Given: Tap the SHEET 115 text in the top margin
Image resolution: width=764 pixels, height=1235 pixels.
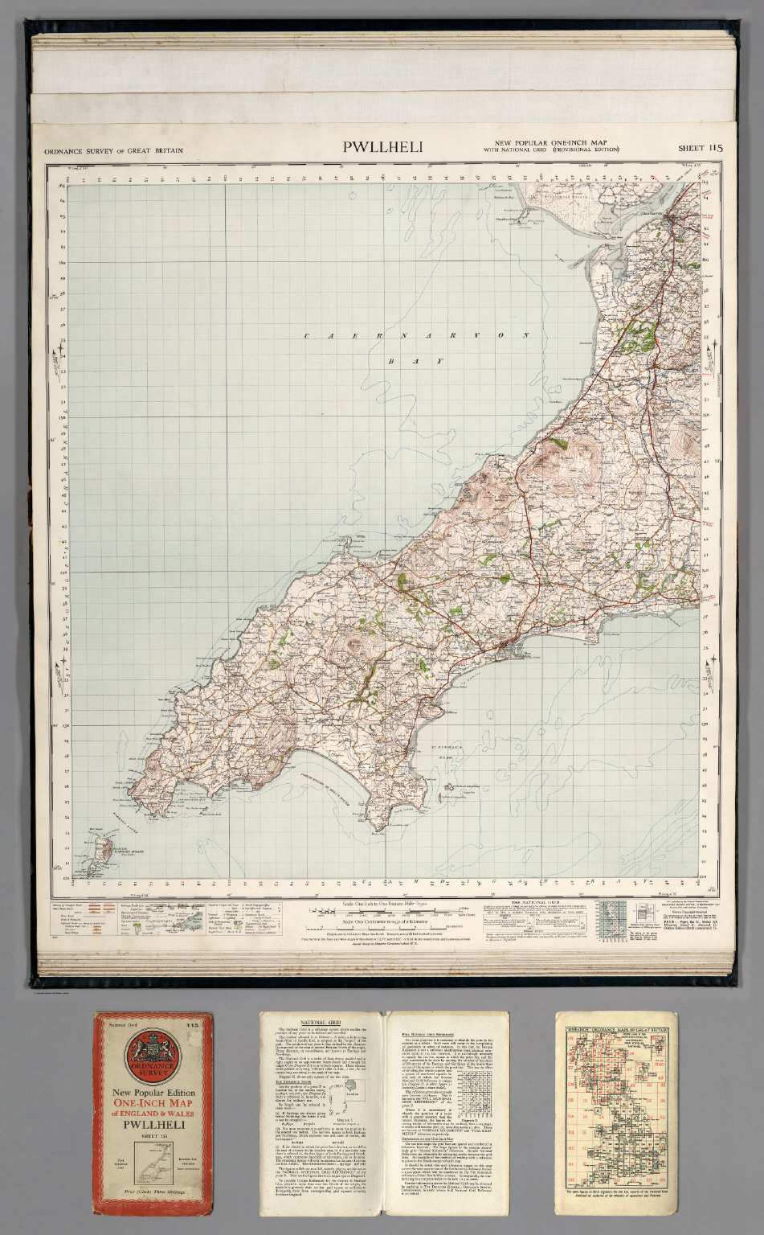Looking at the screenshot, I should pyautogui.click(x=700, y=148).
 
